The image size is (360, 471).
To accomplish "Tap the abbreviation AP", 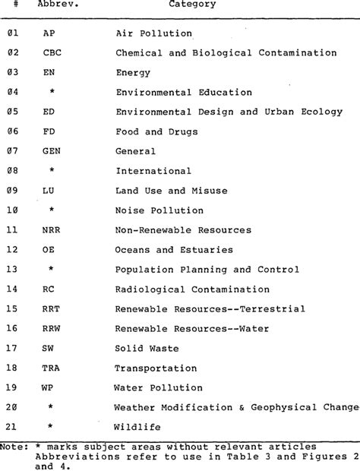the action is (49, 33).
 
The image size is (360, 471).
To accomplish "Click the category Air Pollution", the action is (153, 33).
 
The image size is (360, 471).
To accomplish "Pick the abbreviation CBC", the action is (52, 53).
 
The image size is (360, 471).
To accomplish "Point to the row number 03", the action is (12, 73).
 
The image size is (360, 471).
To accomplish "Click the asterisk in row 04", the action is (51, 93).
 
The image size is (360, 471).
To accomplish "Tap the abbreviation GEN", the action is (52, 151).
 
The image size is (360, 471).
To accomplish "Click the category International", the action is (153, 171).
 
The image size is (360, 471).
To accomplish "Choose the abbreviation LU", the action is (49, 191).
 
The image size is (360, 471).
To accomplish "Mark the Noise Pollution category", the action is (159, 210).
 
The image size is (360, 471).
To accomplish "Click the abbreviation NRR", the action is (52, 229).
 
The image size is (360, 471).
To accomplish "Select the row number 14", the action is (12, 289).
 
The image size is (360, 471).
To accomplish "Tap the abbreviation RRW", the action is (52, 328).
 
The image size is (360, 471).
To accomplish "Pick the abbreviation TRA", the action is (52, 367).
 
